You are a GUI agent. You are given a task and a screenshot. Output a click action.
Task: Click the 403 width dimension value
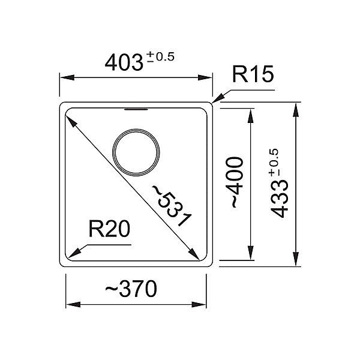coord(124,62)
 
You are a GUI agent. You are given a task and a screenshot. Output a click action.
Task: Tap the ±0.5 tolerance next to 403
coord(160,57)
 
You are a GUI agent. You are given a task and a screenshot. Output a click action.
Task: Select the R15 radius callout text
coord(253,74)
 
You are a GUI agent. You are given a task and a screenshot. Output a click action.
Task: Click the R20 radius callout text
coord(109,229)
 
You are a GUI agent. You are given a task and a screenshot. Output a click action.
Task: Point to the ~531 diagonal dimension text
coord(171,205)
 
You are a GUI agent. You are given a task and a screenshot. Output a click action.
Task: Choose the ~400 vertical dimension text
coord(234,182)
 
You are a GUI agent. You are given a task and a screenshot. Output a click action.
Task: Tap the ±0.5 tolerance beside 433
coord(273,163)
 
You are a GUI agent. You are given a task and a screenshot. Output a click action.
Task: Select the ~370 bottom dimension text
coord(131,289)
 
